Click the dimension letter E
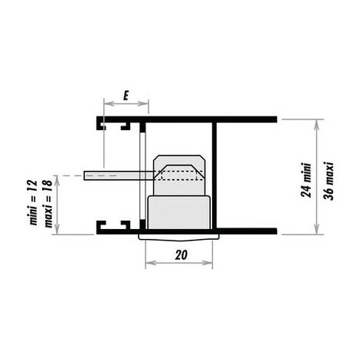(126, 96)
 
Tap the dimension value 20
(181, 254)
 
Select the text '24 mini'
(306, 180)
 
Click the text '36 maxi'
(329, 181)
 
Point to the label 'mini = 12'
(34, 202)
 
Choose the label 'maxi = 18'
(48, 203)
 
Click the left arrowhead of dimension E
(109, 103)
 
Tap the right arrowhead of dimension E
(143, 103)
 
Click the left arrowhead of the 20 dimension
(150, 263)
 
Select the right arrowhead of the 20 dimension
(208, 263)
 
